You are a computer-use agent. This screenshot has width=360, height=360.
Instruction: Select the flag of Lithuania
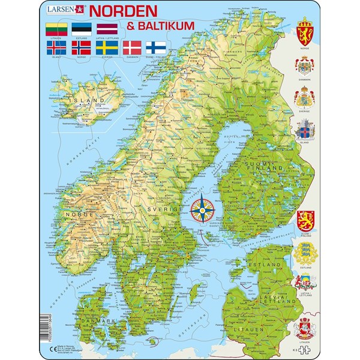point(56,27)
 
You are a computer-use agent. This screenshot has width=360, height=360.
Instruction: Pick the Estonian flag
point(81,27)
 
